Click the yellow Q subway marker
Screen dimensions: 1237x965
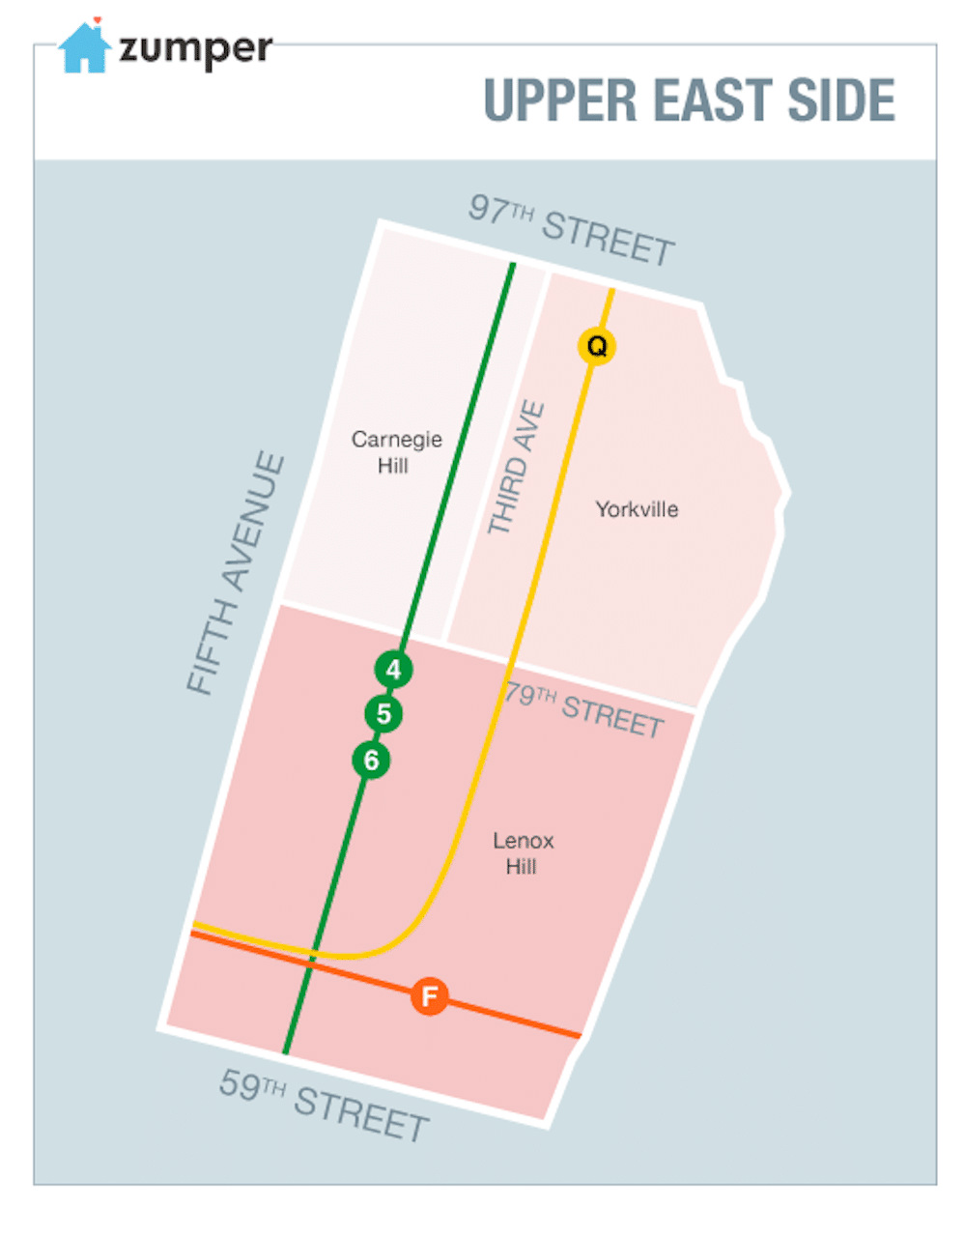pyautogui.click(x=597, y=346)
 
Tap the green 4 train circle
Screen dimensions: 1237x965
pyautogui.click(x=393, y=670)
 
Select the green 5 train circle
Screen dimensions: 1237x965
pyautogui.click(x=383, y=714)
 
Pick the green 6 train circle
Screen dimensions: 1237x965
pyautogui.click(x=371, y=761)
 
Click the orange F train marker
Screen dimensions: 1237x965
pyautogui.click(x=430, y=995)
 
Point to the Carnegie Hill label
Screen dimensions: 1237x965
pyautogui.click(x=396, y=451)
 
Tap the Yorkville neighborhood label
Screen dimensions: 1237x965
pyautogui.click(x=637, y=509)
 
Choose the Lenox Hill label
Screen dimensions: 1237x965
pyautogui.click(x=523, y=853)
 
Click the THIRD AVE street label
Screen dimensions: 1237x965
pyautogui.click(x=516, y=469)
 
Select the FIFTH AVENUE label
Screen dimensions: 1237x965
pyautogui.click(x=237, y=573)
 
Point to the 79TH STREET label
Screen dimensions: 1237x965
pyautogui.click(x=583, y=709)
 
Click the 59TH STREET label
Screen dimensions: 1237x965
pyautogui.click(x=324, y=1105)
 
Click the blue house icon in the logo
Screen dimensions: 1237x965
pyautogui.click(x=84, y=48)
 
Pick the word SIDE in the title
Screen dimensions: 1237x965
pyautogui.click(x=841, y=101)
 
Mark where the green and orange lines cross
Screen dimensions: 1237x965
pyautogui.click(x=309, y=964)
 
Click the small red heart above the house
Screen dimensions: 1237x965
pyautogui.click(x=98, y=20)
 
